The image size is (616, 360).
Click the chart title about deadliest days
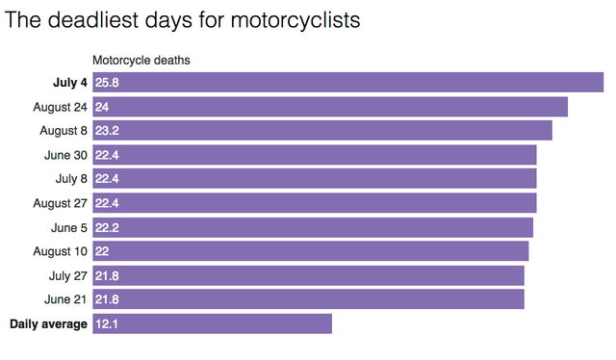coord(183,20)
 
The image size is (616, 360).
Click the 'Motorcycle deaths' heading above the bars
coord(141,61)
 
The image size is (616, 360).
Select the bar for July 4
coord(347,83)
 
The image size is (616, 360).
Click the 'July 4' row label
coord(69,83)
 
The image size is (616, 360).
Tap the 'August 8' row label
coord(63,131)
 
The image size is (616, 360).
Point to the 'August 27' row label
coord(60,203)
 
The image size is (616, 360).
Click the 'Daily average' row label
coord(48,323)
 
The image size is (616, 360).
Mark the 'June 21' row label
coord(65,299)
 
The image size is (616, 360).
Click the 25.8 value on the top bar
coord(107,83)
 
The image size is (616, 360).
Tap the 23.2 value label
coord(107,131)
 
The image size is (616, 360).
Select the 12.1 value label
coord(106,323)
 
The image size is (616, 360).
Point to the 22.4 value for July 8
coord(107,179)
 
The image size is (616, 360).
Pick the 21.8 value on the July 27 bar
coord(107,275)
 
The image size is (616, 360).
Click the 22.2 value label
coord(107,227)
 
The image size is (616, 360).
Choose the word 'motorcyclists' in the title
coord(295,20)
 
